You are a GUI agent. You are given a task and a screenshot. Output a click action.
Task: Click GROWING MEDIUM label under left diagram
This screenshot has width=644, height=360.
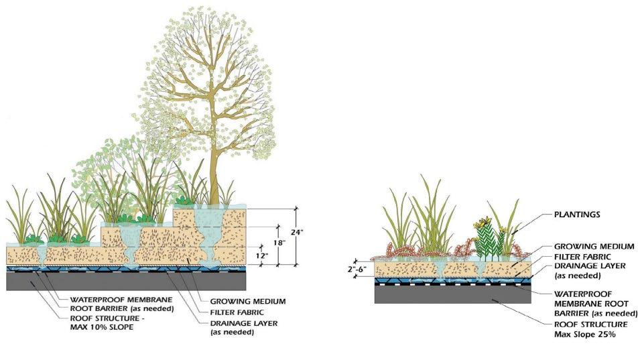tap(248, 301)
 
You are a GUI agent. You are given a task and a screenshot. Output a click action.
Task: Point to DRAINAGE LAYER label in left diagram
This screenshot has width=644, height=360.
tap(245, 322)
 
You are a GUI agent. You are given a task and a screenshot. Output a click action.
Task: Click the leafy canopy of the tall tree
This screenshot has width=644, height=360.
tap(208, 74)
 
